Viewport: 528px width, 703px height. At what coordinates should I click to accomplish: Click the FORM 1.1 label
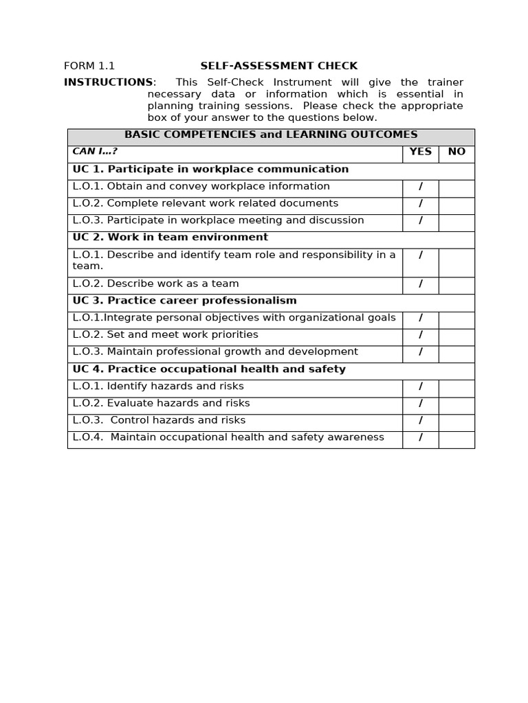click(89, 67)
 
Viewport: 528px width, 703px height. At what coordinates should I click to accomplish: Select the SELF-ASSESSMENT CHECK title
click(278, 67)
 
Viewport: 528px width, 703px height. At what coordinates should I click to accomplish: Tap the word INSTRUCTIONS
click(109, 82)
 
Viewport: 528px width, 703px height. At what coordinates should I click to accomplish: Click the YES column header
click(420, 152)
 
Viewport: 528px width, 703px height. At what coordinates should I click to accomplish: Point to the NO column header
click(456, 152)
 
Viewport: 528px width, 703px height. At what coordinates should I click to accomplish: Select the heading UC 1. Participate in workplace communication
click(210, 170)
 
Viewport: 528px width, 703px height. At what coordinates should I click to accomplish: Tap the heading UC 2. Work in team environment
click(170, 238)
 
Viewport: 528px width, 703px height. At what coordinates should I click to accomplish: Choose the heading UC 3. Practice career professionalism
click(185, 301)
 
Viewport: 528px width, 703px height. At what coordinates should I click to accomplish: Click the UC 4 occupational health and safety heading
click(209, 369)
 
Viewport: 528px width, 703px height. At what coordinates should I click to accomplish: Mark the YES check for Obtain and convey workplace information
click(420, 187)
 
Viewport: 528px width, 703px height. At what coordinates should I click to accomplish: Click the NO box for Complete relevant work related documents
click(456, 204)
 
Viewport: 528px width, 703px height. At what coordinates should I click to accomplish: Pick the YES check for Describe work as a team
click(420, 284)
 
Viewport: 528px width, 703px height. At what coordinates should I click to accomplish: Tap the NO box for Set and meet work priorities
click(456, 336)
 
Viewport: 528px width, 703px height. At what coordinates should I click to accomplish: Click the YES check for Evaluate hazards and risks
click(420, 404)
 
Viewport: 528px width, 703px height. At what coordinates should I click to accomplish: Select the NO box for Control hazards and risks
click(456, 421)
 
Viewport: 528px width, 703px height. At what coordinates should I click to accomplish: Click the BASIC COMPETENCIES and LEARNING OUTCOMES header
click(271, 135)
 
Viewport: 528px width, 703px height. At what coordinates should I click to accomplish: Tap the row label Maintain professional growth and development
click(215, 352)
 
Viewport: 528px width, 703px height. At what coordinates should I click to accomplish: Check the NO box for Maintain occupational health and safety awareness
click(456, 438)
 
